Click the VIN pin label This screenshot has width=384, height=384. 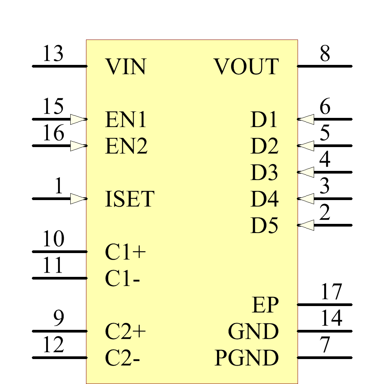pos(126,67)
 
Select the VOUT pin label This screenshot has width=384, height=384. pos(246,67)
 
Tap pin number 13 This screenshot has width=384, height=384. pos(53,54)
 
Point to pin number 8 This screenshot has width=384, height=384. pos(325,54)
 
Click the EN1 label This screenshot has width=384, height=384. pos(126,120)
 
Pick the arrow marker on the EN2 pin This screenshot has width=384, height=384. pos(78,146)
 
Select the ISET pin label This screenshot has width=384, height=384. pos(129,199)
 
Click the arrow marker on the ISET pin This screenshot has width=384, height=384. pos(78,199)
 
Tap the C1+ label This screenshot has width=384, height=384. pos(126,252)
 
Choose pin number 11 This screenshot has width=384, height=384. pos(53,266)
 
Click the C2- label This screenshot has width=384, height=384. pos(122,358)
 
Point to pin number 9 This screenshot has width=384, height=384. pos(58,319)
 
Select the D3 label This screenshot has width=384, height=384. pos(264,173)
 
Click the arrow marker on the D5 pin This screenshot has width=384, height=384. pos(306,225)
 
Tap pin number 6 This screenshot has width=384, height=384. pos(325,107)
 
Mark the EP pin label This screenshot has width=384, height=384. pos(265,305)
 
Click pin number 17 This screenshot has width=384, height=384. pos(331,292)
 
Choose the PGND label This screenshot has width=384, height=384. pos(246,358)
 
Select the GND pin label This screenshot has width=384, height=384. pos(253,332)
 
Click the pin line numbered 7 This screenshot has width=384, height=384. pos(325,358)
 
